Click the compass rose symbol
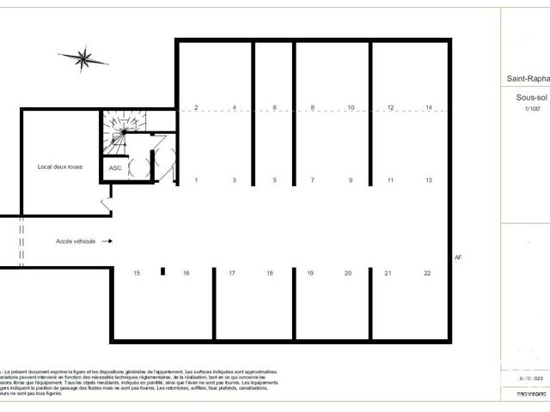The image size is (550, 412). (85, 59)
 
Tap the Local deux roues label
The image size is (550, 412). (60, 166)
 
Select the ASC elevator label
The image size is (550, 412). (115, 168)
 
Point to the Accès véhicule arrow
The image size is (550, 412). (107, 242)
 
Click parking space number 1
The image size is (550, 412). (196, 180)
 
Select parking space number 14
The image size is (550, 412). (428, 107)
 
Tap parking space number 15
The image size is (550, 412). (137, 273)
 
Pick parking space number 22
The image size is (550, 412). (427, 273)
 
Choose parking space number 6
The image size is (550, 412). (275, 107)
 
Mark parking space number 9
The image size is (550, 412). (351, 180)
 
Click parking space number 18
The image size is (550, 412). (270, 273)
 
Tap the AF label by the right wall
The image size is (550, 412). (458, 257)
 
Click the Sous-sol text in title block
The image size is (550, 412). (523, 99)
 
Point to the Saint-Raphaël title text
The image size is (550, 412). (525, 79)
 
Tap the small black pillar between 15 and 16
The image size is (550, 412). (162, 272)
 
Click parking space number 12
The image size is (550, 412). (390, 107)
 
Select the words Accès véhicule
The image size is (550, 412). (76, 242)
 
